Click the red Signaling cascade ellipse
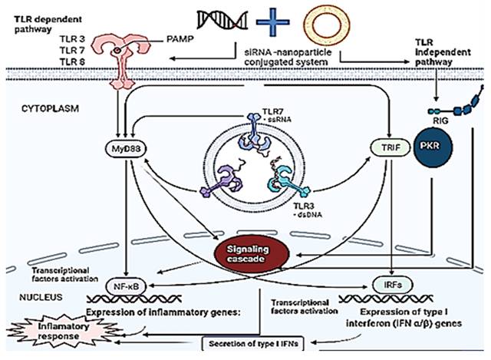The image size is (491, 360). tap(253, 253)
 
